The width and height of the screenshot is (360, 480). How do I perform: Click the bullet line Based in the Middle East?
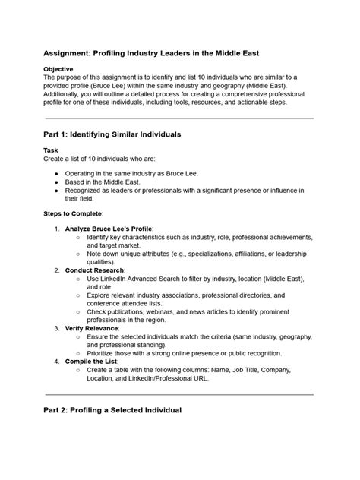[111, 183]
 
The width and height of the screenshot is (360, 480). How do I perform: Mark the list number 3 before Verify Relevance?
[57, 328]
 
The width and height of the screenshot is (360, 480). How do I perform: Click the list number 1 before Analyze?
[57, 229]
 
